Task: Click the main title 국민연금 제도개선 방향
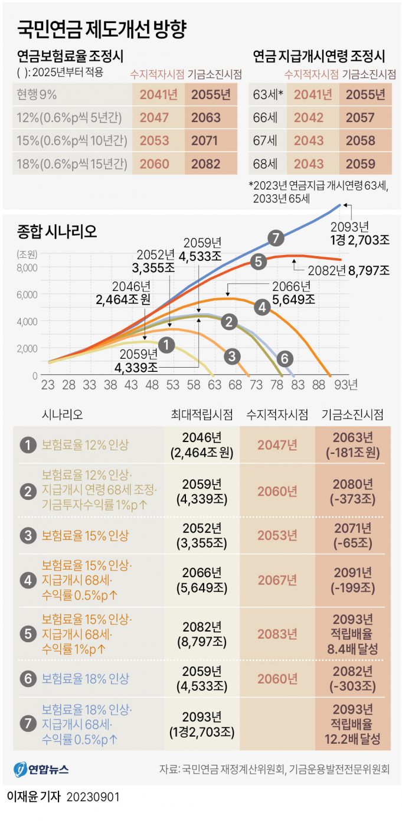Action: [x=104, y=29]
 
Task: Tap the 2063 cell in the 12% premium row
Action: [x=206, y=117]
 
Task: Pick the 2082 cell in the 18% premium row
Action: [x=206, y=163]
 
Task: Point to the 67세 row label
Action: [x=266, y=140]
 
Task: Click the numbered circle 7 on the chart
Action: [x=276, y=238]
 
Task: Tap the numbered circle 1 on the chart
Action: [x=167, y=344]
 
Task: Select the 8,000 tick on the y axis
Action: [x=28, y=267]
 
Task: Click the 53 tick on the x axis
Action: [x=172, y=385]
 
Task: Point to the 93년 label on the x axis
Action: [x=349, y=385]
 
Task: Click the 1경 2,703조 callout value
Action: [x=360, y=238]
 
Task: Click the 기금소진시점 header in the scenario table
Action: [x=352, y=415]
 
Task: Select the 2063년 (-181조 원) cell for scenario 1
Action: [x=352, y=446]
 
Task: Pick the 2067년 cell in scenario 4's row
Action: [x=277, y=580]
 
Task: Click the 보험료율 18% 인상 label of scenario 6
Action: [x=86, y=679]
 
